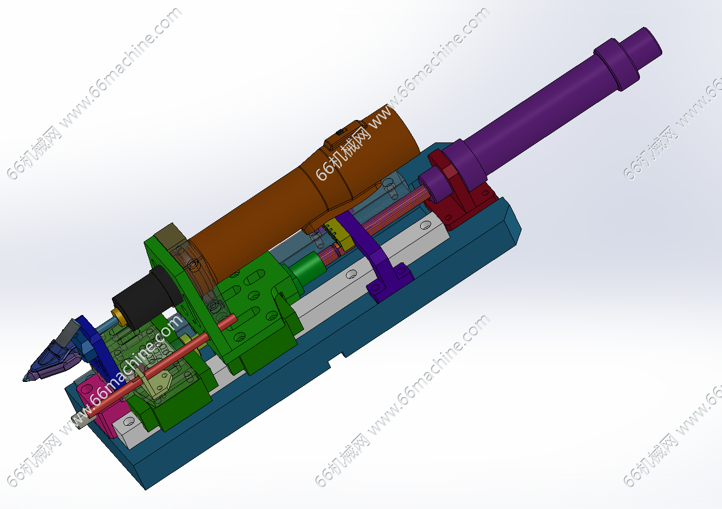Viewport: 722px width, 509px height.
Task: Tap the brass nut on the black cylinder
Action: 119,317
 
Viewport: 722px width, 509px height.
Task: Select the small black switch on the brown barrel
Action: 340,132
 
